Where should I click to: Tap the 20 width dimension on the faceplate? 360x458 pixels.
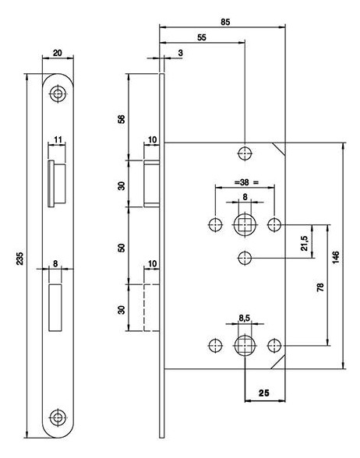[58, 53]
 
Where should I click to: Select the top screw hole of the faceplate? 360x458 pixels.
[58, 94]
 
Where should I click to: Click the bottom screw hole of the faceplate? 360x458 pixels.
[58, 417]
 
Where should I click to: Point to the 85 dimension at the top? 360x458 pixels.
[225, 22]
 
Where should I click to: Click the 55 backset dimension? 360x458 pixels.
[202, 37]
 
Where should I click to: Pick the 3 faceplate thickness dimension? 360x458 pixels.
[180, 53]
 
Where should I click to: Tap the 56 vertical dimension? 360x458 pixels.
[122, 118]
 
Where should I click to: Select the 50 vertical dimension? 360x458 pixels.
[122, 248]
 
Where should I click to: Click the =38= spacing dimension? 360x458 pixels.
[246, 182]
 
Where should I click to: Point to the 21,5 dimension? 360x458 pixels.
[304, 243]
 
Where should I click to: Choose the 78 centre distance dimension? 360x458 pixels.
[320, 287]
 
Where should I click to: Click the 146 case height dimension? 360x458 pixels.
[337, 257]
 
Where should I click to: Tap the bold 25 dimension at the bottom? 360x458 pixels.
[263, 393]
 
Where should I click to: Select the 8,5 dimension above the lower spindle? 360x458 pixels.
[245, 319]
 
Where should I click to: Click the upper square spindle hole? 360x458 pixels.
[245, 225]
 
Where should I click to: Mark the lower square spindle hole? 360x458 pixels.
[245, 346]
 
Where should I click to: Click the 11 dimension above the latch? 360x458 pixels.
[58, 139]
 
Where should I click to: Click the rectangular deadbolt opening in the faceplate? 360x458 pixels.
[55, 308]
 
